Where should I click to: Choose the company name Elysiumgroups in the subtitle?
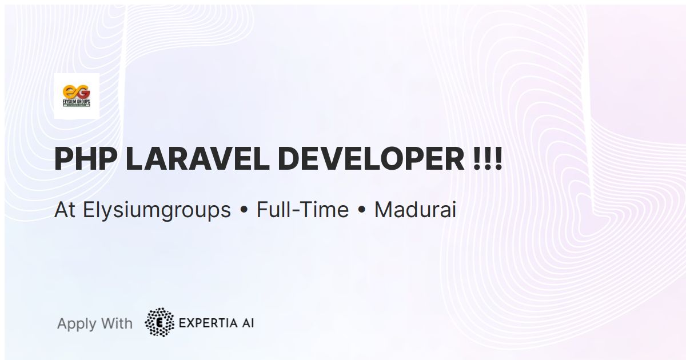tap(157, 210)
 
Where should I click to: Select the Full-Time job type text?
tap(302, 210)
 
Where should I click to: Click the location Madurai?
tap(415, 210)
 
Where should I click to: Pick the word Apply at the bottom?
tap(77, 324)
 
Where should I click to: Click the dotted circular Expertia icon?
tap(159, 323)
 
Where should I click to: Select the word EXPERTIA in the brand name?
tap(208, 323)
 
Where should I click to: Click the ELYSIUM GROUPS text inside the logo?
tap(76, 101)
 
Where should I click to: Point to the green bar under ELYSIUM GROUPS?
tap(76, 105)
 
